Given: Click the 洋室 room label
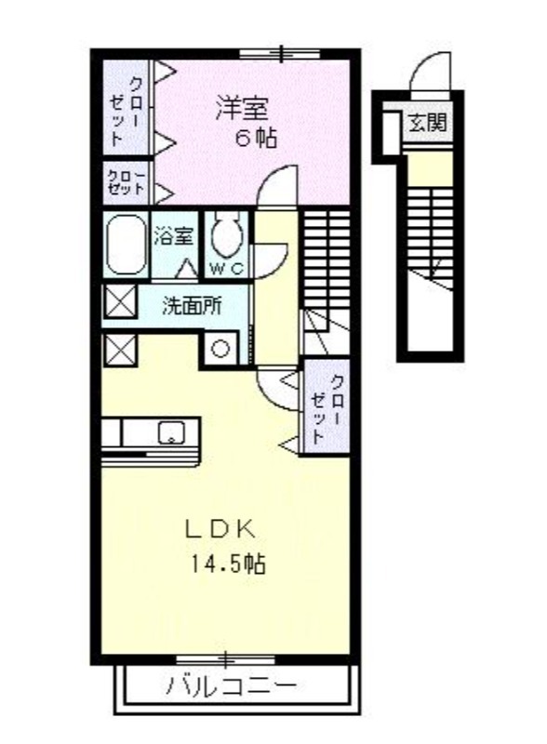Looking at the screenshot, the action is coord(243,108).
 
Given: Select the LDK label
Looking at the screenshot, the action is coord(220,529).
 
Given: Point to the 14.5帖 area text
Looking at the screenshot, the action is coord(229,564).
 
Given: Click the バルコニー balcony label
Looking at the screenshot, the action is coord(233,685).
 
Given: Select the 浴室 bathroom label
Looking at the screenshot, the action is coord(173,236).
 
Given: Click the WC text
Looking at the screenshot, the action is coord(227,269).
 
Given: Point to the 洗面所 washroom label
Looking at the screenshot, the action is coord(192,307).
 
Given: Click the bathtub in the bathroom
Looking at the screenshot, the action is coord(126,245).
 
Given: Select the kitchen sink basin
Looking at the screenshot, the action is coord(171,432).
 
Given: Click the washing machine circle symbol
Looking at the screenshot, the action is coord(220,349).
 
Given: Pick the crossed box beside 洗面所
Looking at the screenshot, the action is coord(120,301).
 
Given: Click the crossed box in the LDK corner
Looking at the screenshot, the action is coord(120,351).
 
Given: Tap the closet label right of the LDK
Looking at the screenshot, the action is coord(327,408).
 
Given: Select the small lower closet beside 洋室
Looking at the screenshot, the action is coord(127,183).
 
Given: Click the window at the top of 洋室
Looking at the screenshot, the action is coord(281,53).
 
